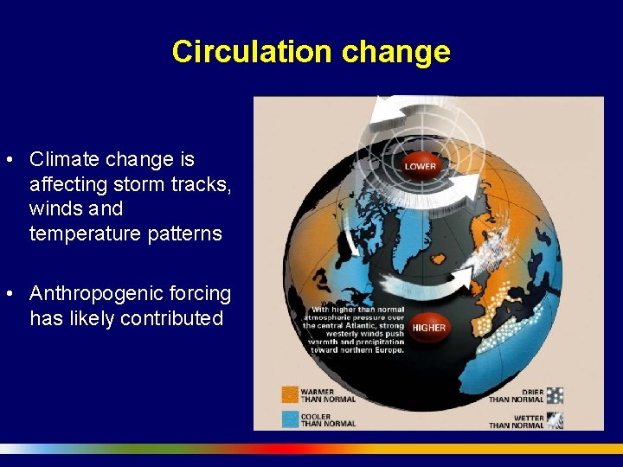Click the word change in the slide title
pyautogui.click(x=395, y=51)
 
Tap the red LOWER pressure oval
pyautogui.click(x=421, y=166)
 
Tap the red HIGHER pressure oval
pyautogui.click(x=428, y=328)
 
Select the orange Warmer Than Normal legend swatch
pyautogui.click(x=289, y=395)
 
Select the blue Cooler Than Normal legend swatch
pyautogui.click(x=289, y=419)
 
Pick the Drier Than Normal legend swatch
pyautogui.click(x=555, y=395)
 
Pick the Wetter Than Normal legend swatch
pyautogui.click(x=555, y=419)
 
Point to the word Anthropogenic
pyautogui.click(x=95, y=294)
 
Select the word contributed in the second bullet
pyautogui.click(x=171, y=318)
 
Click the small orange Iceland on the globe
pyautogui.click(x=436, y=257)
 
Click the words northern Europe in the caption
pyautogui.click(x=372, y=349)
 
